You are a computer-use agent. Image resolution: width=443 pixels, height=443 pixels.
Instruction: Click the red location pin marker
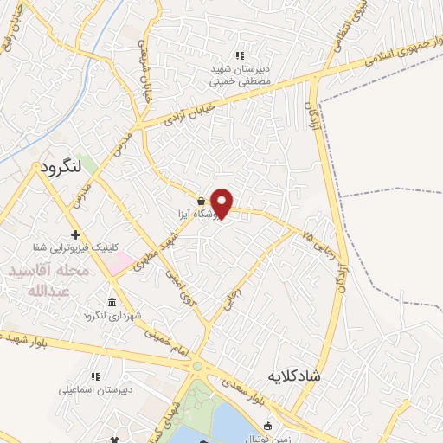point(222,202)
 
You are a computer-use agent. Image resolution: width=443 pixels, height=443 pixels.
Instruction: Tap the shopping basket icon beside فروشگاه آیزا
point(201,199)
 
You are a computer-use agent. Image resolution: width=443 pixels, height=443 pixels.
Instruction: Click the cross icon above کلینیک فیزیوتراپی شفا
point(76,234)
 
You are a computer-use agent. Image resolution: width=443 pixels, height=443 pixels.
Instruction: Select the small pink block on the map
point(121,259)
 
